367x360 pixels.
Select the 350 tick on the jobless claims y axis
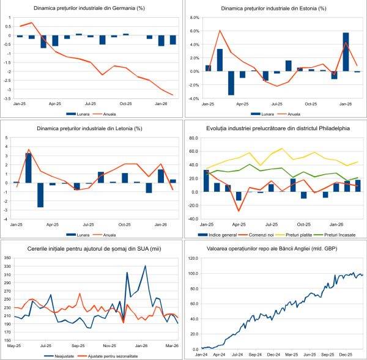pyautogui.click(x=7, y=258)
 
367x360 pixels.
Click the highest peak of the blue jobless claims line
pyautogui.click(x=145, y=266)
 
